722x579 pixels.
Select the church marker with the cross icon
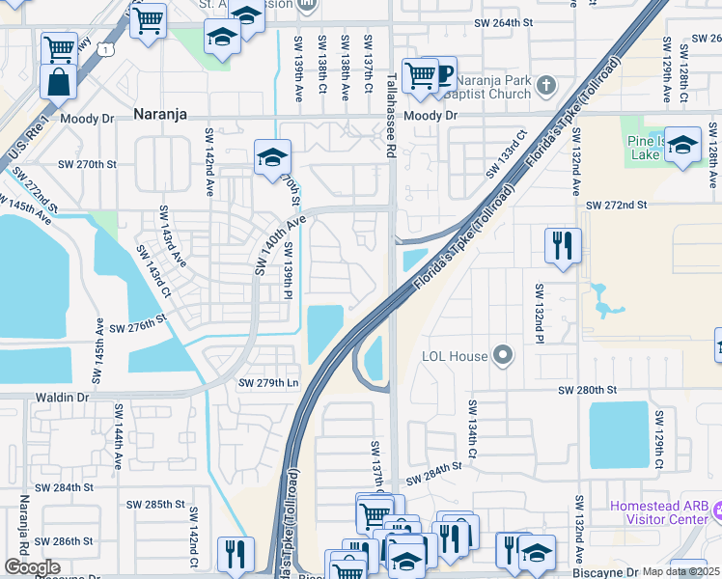(545, 85)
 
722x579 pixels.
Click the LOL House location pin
(502, 356)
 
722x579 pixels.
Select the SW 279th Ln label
(268, 383)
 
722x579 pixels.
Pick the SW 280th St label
(586, 389)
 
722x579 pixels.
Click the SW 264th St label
(505, 23)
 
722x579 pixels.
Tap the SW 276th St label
(138, 328)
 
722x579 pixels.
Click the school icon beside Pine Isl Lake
(682, 146)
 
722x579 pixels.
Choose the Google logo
(32, 566)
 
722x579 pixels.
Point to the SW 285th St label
(155, 504)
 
